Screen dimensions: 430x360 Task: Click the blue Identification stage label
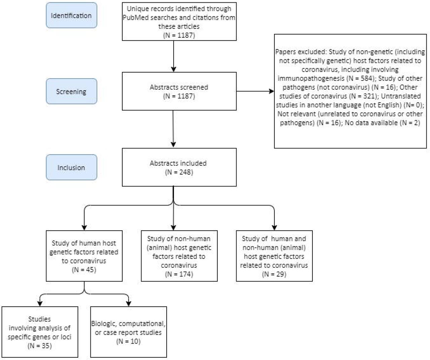click(71, 15)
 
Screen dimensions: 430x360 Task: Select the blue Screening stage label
click(71, 91)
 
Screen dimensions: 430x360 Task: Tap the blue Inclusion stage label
click(71, 167)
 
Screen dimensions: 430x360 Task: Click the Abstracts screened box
click(179, 91)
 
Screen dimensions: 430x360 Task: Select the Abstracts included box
click(179, 167)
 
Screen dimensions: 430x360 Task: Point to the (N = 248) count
click(179, 172)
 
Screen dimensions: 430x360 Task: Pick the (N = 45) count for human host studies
click(84, 270)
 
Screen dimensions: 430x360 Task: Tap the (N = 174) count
click(179, 274)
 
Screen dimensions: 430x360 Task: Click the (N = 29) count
click(274, 274)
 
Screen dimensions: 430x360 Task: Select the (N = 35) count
click(40, 346)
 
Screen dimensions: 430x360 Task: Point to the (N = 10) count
click(128, 341)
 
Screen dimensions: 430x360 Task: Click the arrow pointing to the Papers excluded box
click(255, 91)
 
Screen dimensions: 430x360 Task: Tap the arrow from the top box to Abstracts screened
click(174, 56)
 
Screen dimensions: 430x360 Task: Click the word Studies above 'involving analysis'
click(40, 319)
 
